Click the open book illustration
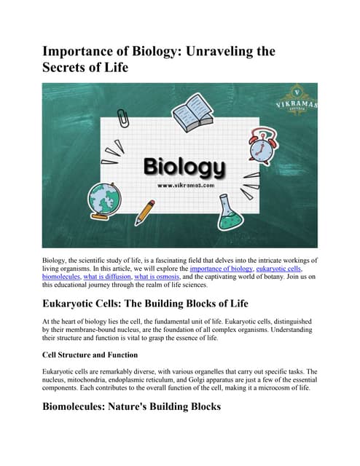(x=192, y=114)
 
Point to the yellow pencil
(x=145, y=211)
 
